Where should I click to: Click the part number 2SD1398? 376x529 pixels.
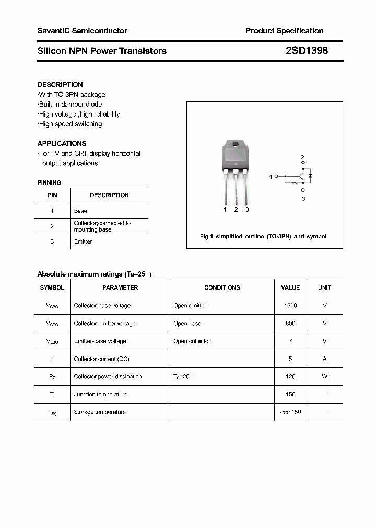pyautogui.click(x=307, y=51)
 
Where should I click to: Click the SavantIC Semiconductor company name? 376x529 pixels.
pyautogui.click(x=82, y=31)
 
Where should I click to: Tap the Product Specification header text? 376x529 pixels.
pyautogui.click(x=284, y=31)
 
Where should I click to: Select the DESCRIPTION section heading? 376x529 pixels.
pyautogui.click(x=60, y=85)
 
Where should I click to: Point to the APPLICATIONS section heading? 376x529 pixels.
pyautogui.click(x=62, y=143)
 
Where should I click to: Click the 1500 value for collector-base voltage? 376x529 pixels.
pyautogui.click(x=290, y=306)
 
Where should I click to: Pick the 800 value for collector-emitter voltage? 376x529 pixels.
pyautogui.click(x=290, y=324)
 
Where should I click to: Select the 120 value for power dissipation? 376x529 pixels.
pyautogui.click(x=290, y=377)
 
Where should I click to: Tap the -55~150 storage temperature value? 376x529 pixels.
pyautogui.click(x=290, y=412)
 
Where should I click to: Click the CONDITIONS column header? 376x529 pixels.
pyautogui.click(x=222, y=287)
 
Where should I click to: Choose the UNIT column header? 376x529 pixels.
pyautogui.click(x=324, y=287)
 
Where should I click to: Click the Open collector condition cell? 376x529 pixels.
pyautogui.click(x=192, y=341)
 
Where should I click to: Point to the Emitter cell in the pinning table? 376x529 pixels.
pyautogui.click(x=83, y=241)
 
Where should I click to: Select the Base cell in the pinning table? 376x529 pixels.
pyautogui.click(x=80, y=211)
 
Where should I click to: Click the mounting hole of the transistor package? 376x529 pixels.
pyautogui.click(x=236, y=144)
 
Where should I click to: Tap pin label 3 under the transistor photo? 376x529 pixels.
pyautogui.click(x=247, y=210)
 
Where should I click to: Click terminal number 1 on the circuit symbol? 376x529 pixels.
pyautogui.click(x=271, y=177)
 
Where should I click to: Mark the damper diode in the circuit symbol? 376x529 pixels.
pyautogui.click(x=310, y=176)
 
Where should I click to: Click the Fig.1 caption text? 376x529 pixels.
pyautogui.click(x=263, y=237)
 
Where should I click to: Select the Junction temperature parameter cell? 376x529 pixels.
pyautogui.click(x=101, y=395)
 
